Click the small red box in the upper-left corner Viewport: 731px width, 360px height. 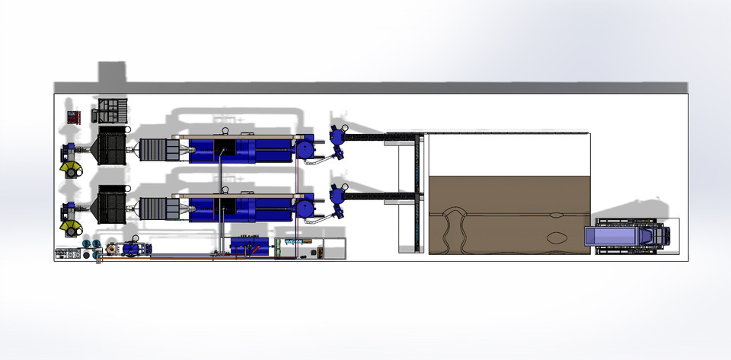[x=74, y=117]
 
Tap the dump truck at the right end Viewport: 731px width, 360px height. [x=628, y=236]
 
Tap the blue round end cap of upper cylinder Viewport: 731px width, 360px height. [x=307, y=148]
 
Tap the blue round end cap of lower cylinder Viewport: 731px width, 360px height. [x=307, y=206]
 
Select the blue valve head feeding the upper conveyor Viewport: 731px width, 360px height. [x=337, y=137]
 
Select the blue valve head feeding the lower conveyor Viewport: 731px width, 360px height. [x=337, y=196]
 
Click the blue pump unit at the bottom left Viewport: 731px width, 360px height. [x=131, y=248]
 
